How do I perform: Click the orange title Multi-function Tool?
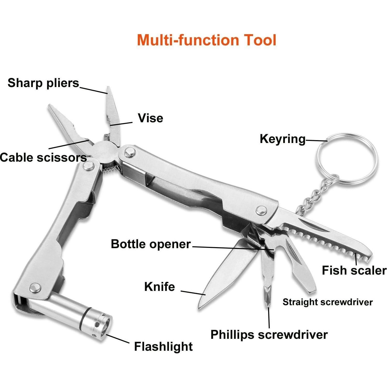(x=207, y=40)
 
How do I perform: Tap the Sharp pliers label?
(x=43, y=83)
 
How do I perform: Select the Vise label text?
(x=150, y=118)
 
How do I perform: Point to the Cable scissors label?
(x=43, y=157)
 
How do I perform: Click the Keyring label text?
(x=283, y=139)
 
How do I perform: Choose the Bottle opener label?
(x=151, y=244)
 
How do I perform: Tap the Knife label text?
(x=160, y=287)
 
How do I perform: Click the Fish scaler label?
(x=354, y=270)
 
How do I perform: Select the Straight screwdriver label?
(x=327, y=302)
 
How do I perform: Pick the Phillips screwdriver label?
(x=269, y=335)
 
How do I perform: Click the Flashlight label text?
(x=163, y=347)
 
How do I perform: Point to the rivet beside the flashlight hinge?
(x=35, y=288)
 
